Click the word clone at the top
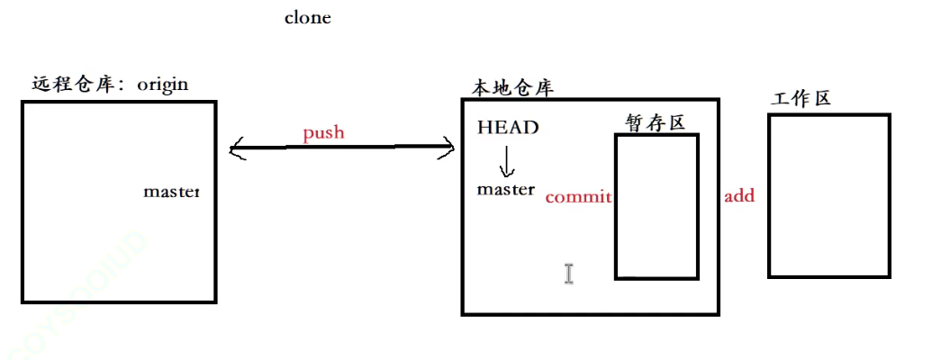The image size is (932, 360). [308, 17]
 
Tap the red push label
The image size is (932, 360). [323, 133]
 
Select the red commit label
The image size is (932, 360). [578, 196]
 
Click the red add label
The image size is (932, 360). [739, 195]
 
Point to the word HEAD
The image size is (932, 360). [508, 127]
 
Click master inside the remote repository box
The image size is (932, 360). [172, 192]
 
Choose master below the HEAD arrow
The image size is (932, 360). [505, 189]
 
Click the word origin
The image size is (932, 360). [163, 85]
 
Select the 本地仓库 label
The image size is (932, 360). [512, 88]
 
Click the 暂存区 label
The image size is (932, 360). [656, 122]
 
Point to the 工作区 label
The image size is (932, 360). [801, 99]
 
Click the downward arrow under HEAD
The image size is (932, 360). [506, 160]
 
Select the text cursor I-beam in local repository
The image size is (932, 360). [569, 274]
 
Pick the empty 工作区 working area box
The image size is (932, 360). [829, 195]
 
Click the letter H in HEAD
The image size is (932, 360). [484, 127]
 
